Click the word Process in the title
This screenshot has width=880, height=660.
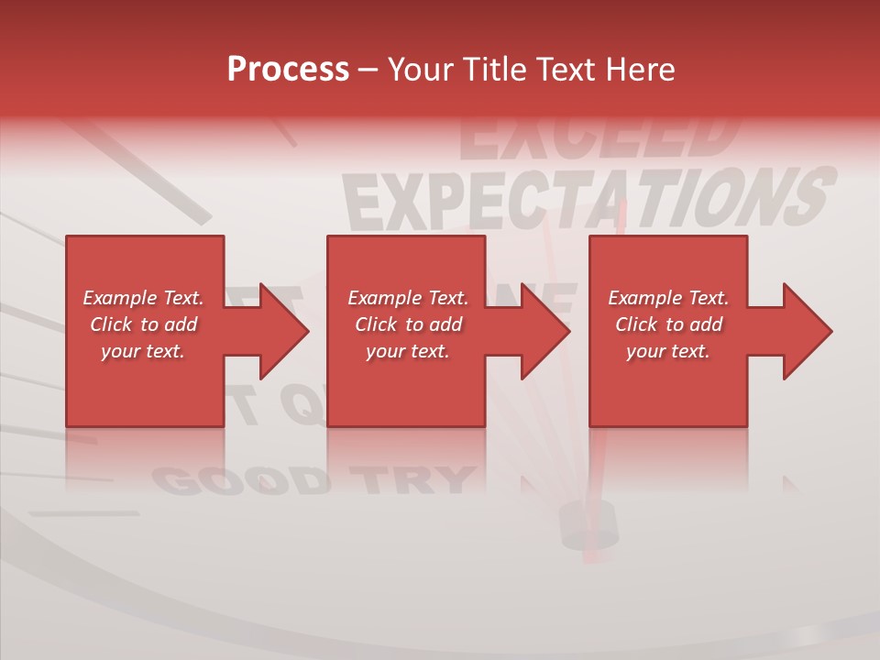tap(288, 70)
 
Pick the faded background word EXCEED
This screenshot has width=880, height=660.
tap(596, 137)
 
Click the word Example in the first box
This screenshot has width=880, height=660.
tap(120, 298)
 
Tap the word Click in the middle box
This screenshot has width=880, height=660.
tap(374, 324)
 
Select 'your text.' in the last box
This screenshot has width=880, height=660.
tap(667, 351)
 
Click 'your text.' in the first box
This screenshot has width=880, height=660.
tap(143, 351)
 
